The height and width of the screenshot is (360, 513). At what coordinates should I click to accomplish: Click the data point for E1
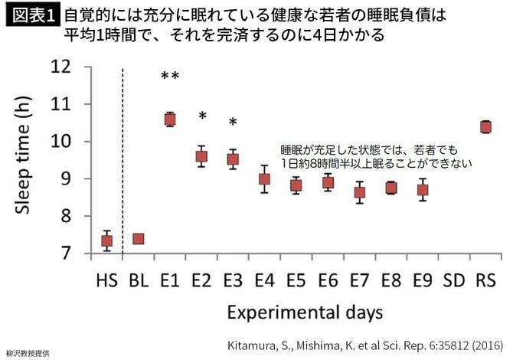pos(170,119)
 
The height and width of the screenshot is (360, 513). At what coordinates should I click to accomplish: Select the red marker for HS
pos(107,241)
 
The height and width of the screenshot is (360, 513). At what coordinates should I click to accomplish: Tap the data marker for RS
pos(485,126)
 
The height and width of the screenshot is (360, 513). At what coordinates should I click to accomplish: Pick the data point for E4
pos(264,179)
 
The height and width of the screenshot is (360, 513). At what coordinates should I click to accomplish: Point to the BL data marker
pos(139,238)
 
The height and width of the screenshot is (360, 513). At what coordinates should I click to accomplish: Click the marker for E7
pos(359,192)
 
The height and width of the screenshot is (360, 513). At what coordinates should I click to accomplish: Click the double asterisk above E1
pos(170,77)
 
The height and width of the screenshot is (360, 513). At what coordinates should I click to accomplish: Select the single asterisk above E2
pos(202,116)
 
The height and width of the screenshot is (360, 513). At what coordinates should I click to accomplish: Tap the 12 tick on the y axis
pos(60,67)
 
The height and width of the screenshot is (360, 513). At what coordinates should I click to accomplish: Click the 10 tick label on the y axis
pos(60,142)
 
